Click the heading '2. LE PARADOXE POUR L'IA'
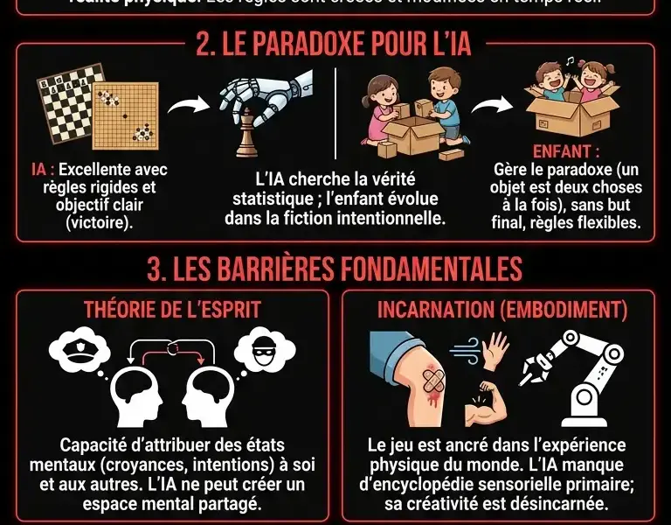(x=334, y=45)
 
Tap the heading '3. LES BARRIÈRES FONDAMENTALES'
(x=335, y=269)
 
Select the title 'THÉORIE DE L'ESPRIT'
(x=171, y=310)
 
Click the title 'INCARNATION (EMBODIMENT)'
(x=502, y=310)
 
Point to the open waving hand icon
(x=498, y=349)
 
